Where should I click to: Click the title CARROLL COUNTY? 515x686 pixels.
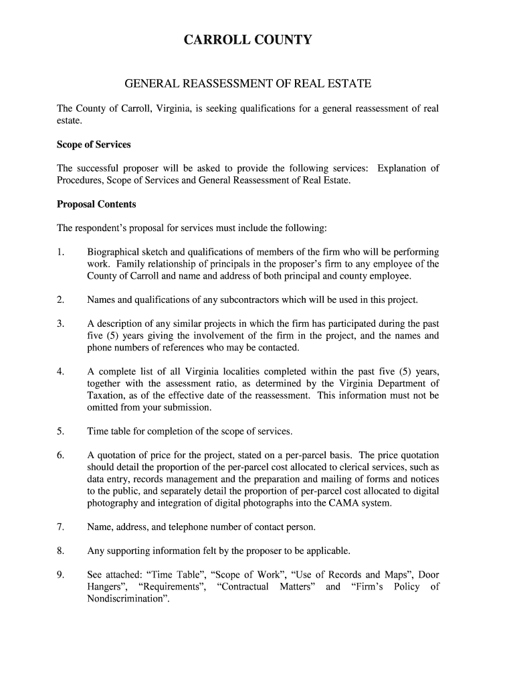coord(248,41)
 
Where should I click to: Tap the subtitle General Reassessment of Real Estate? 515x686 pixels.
coord(248,84)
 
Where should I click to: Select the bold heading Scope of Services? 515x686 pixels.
coord(94,145)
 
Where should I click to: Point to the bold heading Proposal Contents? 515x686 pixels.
coord(96,204)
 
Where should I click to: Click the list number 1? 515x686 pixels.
coord(60,252)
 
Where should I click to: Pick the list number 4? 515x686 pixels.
coord(60,371)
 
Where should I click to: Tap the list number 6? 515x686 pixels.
coord(60,455)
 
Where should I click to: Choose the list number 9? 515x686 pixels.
coord(60,575)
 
